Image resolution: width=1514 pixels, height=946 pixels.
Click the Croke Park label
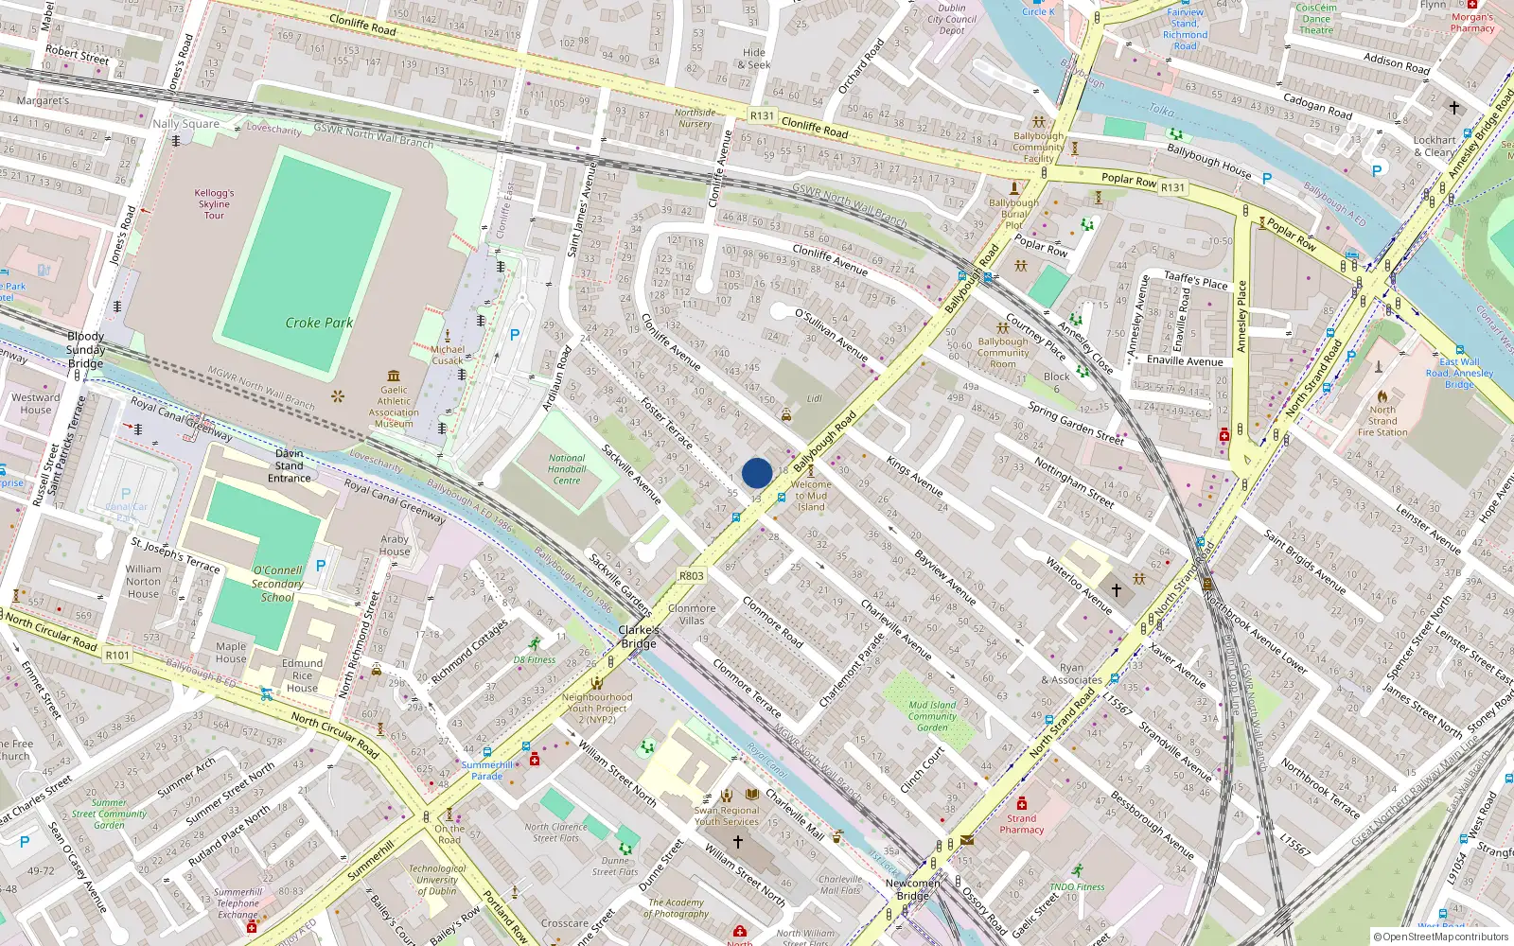(319, 323)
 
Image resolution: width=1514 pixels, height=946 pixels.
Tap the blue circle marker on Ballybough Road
(757, 473)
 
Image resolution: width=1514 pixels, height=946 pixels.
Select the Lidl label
(814, 398)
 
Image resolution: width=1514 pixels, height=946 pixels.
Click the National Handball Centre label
(567, 469)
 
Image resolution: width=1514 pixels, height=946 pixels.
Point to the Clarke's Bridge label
(639, 637)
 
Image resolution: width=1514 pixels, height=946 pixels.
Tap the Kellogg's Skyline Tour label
(214, 204)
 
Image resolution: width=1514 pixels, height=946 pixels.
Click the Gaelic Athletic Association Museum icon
(394, 376)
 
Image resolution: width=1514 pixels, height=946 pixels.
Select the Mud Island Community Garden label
(932, 716)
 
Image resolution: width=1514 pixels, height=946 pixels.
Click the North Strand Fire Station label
(1382, 421)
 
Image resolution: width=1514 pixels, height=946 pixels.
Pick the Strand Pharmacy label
(1022, 824)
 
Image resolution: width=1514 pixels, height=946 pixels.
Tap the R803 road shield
(692, 575)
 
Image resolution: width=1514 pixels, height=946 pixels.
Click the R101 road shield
(117, 655)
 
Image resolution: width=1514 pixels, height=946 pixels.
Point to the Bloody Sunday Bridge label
(85, 350)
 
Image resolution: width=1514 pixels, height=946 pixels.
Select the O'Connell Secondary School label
(277, 584)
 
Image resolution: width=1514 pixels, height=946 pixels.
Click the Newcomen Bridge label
(913, 889)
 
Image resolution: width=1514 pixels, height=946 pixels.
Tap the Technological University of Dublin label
(437, 880)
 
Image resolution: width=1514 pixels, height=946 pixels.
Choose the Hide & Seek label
(754, 59)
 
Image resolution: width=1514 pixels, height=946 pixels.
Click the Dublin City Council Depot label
(952, 19)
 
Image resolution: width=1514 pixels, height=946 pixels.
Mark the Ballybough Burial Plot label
(1013, 214)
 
